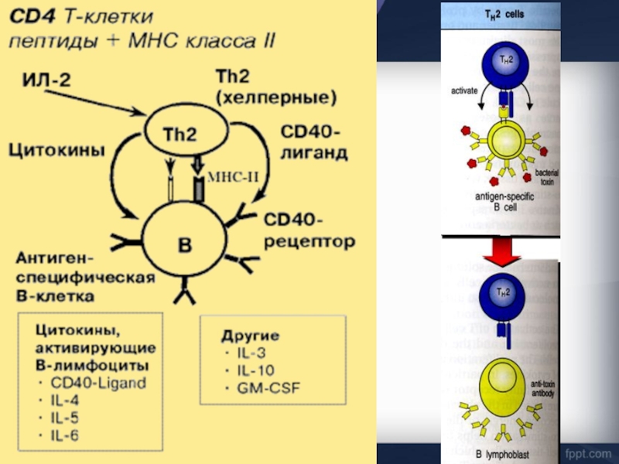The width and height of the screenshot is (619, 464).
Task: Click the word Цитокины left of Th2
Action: click(56, 152)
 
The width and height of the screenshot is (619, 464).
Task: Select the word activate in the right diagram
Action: click(465, 90)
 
